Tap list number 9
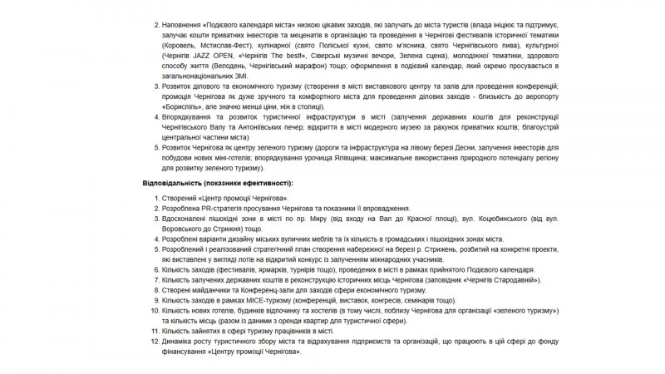(155, 300)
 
